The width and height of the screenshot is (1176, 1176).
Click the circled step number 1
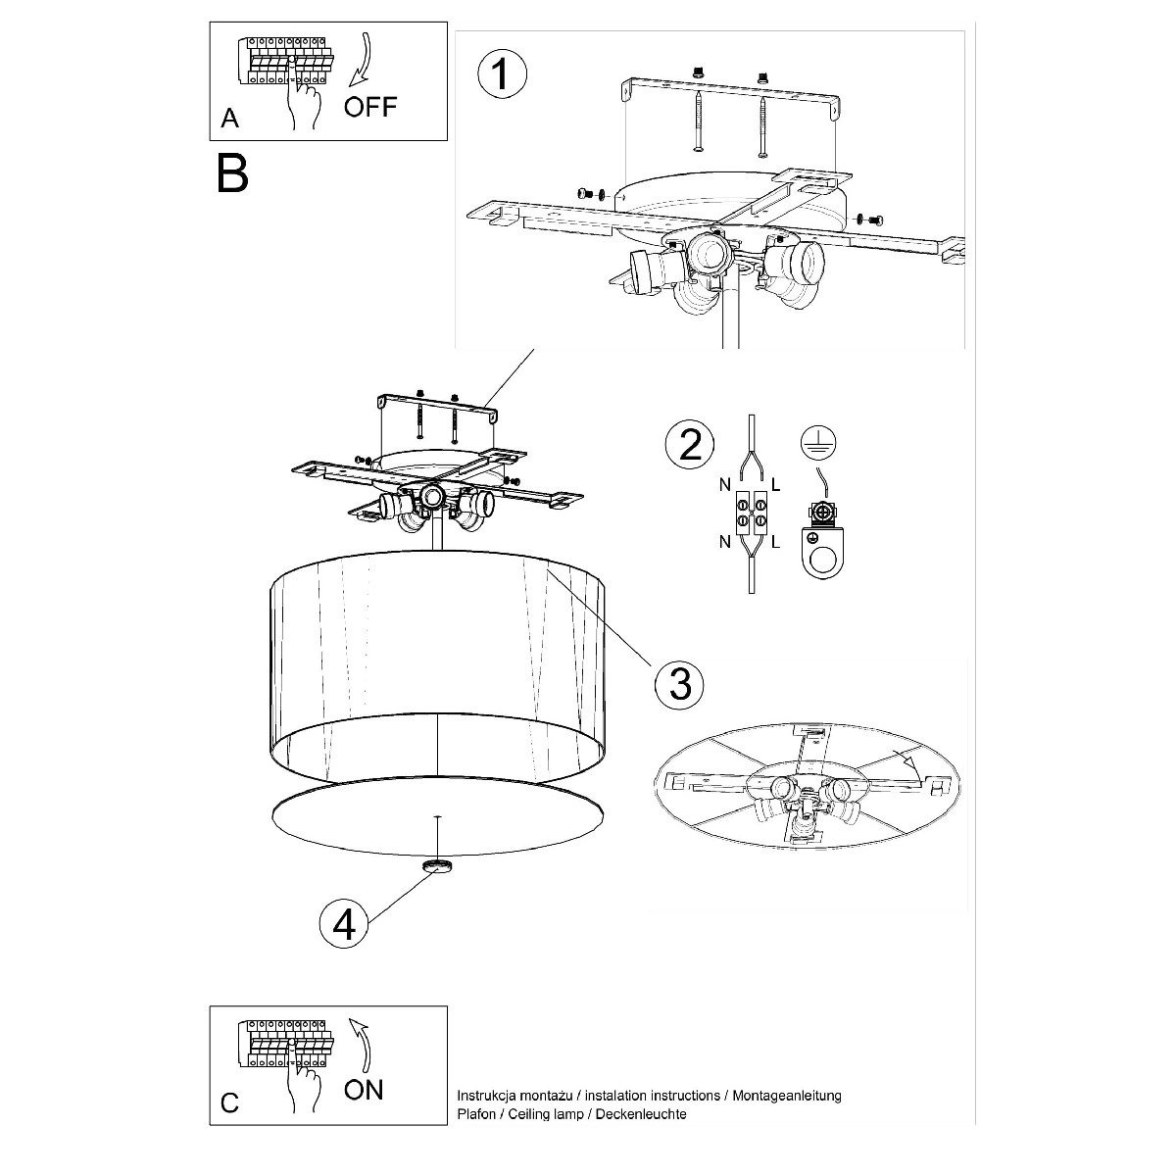click(x=501, y=74)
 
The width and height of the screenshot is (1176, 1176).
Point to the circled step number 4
click(x=344, y=923)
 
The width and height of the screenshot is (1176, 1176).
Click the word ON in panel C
click(x=363, y=1088)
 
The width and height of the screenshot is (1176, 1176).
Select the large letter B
click(x=233, y=172)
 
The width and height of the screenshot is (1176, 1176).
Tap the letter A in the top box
click(x=229, y=119)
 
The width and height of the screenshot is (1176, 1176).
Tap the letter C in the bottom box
click(x=229, y=1102)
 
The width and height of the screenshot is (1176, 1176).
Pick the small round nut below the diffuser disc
click(x=436, y=865)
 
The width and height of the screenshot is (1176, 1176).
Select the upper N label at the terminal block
click(x=724, y=484)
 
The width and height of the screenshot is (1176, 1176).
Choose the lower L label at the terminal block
click(x=776, y=542)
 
